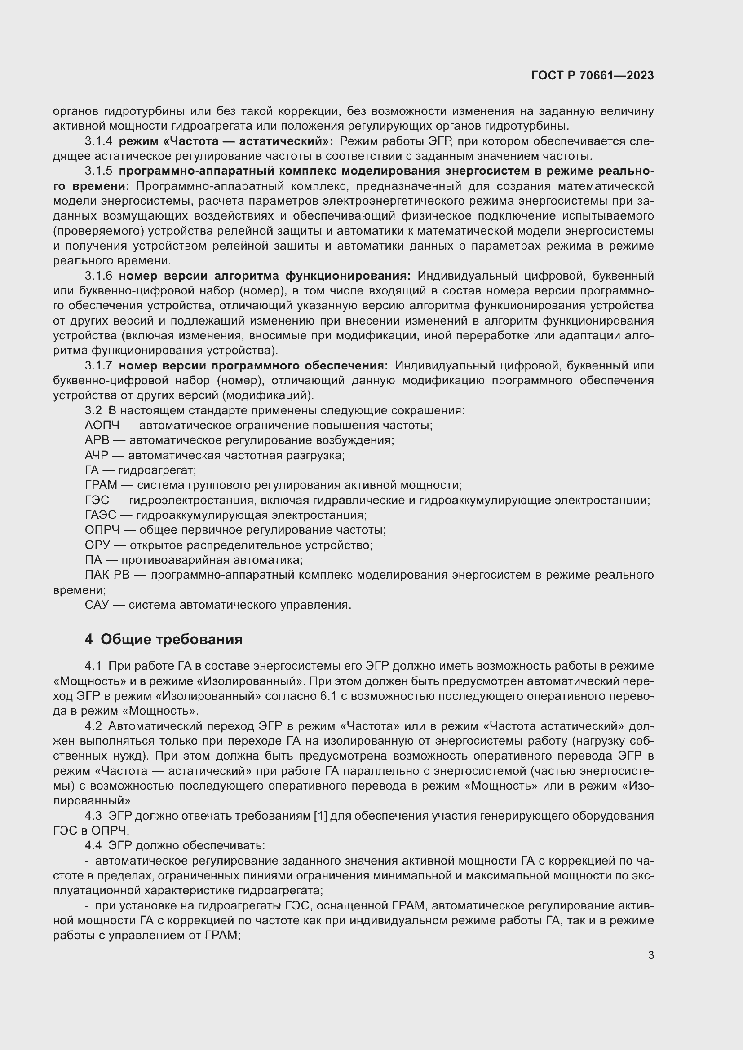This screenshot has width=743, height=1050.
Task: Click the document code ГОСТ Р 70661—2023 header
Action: tap(593, 76)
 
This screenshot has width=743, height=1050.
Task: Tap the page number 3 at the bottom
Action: tap(650, 955)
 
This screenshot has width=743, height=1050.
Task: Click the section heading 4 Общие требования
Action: tap(164, 639)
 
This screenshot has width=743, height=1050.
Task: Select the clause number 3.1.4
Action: tap(98, 141)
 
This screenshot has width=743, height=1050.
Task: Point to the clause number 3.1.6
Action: tap(98, 276)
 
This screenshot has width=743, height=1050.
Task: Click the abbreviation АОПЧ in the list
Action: tap(102, 425)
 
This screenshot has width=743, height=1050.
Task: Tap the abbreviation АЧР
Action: tap(97, 456)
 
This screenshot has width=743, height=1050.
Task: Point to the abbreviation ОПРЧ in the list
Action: tap(102, 530)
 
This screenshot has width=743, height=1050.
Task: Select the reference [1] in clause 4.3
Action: tap(320, 816)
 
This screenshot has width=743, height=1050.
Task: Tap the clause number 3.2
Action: tap(93, 410)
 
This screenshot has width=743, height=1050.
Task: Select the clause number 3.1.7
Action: tap(98, 365)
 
